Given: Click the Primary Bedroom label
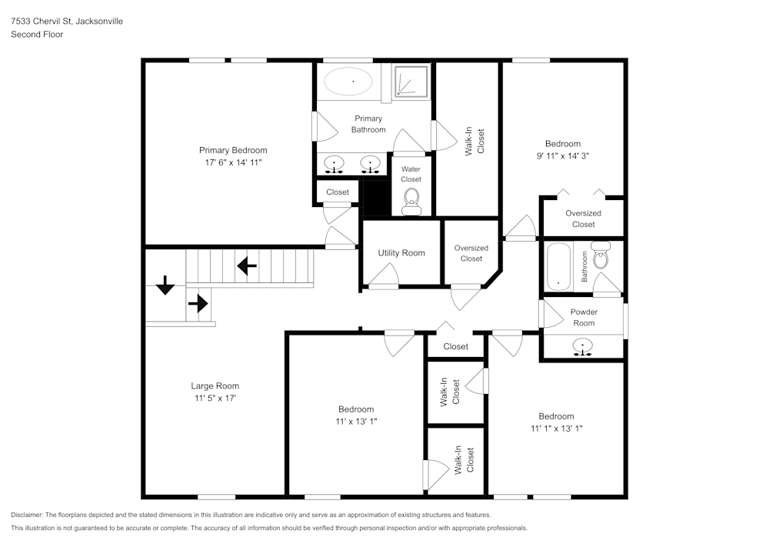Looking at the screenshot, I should [x=233, y=150].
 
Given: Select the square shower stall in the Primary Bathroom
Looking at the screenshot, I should [x=411, y=81].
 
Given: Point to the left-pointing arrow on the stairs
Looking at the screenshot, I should [x=247, y=266].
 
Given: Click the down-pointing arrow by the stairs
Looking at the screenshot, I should [x=165, y=286].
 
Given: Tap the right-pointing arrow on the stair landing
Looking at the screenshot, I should [x=198, y=303].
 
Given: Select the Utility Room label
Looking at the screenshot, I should [x=401, y=253].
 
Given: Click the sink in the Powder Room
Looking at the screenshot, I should [x=584, y=347].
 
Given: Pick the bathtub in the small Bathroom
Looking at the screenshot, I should [x=559, y=267].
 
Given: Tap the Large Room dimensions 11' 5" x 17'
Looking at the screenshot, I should [x=215, y=399].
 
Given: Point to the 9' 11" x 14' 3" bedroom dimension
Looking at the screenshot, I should [x=562, y=155].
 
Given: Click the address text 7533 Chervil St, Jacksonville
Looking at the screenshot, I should [x=66, y=22].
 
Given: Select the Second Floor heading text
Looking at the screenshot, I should [x=37, y=35].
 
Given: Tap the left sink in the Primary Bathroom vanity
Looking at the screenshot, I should [x=334, y=164].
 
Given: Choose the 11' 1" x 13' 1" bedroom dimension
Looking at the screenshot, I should [x=556, y=429].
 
